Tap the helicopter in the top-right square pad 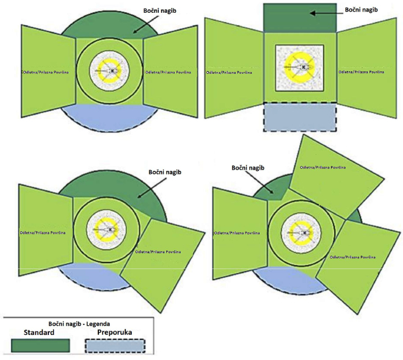(x=300, y=67)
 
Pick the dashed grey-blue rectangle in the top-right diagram (x=300, y=117)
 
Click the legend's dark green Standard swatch (x=40, y=344)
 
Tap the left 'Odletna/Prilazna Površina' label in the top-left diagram (x=43, y=72)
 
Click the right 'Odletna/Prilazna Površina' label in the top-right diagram (x=361, y=72)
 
